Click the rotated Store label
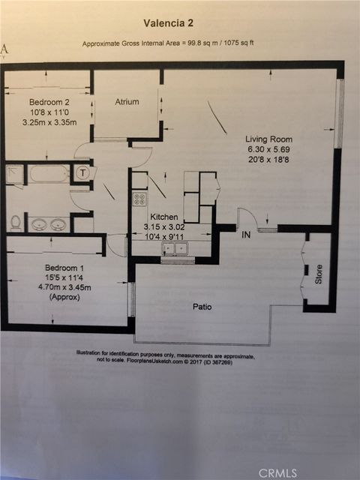point(318,274)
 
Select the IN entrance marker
point(245,235)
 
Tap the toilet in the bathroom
point(15,223)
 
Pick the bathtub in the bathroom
point(49,175)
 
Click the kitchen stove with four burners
point(139,199)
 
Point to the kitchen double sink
point(178,249)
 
